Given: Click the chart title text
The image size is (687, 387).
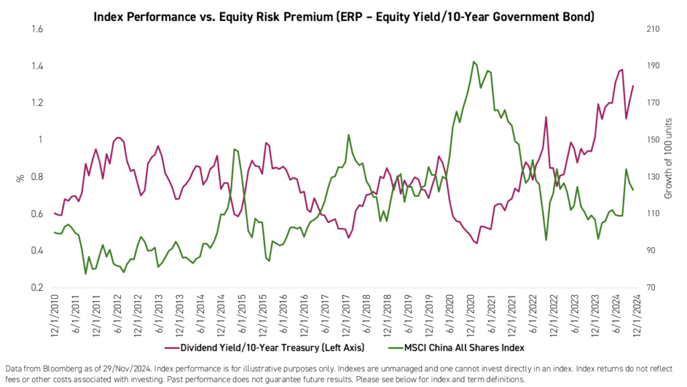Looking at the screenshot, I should click(x=343, y=15).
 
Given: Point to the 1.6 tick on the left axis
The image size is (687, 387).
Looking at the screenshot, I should click(x=37, y=30).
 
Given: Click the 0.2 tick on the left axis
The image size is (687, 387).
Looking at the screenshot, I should click(x=37, y=288).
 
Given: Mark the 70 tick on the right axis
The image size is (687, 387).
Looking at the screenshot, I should click(x=650, y=288).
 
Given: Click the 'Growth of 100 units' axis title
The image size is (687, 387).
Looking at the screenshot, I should click(x=668, y=159).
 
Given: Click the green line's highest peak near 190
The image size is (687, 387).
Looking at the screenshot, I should click(x=474, y=62).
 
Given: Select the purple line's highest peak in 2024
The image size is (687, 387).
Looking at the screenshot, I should click(x=622, y=69).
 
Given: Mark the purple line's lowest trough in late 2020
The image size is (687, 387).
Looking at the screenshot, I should click(x=476, y=243).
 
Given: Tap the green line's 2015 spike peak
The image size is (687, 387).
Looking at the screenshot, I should click(x=234, y=149).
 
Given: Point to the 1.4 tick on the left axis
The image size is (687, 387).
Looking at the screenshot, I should click(x=37, y=67).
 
